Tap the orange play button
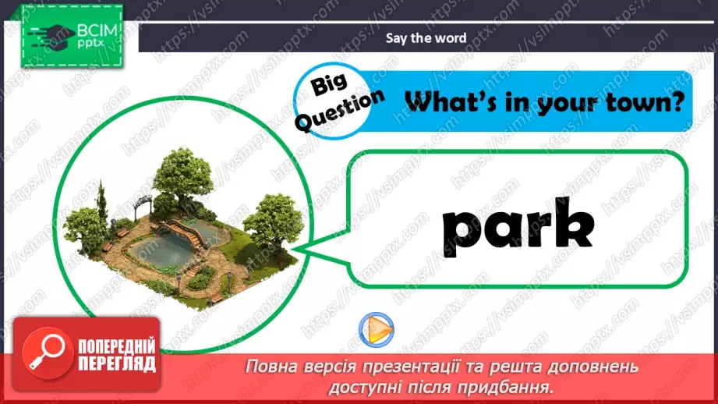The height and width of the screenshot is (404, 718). click(377, 328)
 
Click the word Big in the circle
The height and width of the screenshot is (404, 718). click(324, 84)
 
